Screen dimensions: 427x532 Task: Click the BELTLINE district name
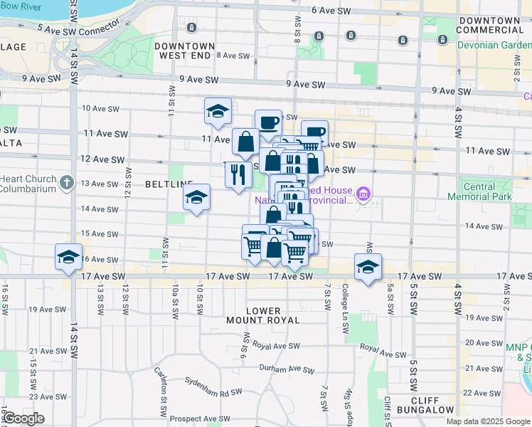point(165,184)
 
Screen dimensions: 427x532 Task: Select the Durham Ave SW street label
point(287,370)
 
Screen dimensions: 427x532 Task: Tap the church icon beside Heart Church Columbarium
point(66,181)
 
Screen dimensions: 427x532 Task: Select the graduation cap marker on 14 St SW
point(68,258)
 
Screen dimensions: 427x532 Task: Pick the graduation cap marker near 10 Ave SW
point(218,111)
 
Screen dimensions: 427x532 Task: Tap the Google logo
point(23,418)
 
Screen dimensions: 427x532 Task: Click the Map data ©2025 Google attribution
point(488,421)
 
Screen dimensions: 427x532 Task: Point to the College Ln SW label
point(345,310)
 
